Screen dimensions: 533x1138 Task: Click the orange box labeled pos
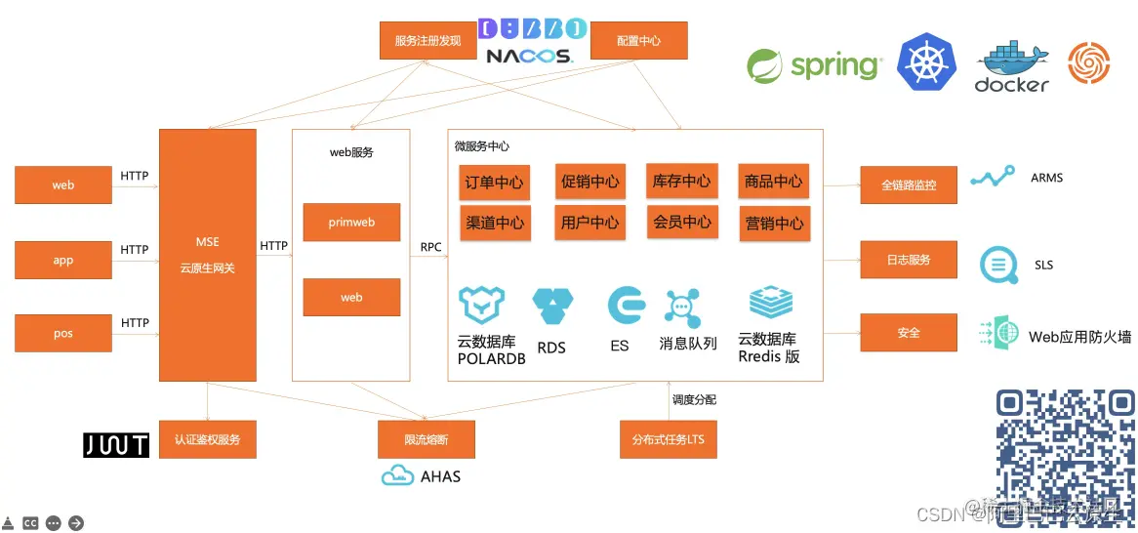tap(63, 333)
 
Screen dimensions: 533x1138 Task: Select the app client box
tap(63, 260)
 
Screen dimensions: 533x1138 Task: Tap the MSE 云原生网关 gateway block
tap(208, 255)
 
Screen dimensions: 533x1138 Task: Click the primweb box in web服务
tap(351, 223)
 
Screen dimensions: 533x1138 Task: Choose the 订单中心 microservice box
tap(494, 182)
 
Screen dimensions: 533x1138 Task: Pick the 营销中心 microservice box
tap(773, 223)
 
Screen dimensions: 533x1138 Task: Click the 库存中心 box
tap(681, 181)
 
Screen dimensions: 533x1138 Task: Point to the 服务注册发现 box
tap(427, 41)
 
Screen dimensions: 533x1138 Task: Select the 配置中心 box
tap(639, 41)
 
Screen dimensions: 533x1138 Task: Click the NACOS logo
tap(530, 56)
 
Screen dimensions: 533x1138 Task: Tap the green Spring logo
tap(814, 65)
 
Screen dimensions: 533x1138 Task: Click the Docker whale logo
tap(1011, 66)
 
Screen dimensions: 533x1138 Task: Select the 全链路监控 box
tap(908, 184)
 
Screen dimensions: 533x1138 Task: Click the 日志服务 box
tap(908, 260)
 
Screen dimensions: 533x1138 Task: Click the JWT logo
tap(116, 445)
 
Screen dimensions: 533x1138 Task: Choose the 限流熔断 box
tap(427, 439)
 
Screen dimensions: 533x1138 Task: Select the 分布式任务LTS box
tap(668, 439)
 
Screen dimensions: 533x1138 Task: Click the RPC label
tap(430, 247)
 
